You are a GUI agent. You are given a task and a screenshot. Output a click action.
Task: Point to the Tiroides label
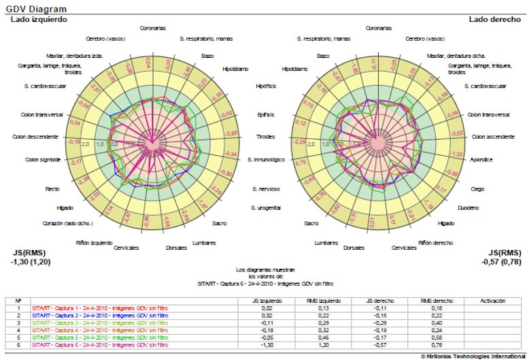[266, 137]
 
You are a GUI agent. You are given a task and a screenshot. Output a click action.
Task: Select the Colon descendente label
[35, 137]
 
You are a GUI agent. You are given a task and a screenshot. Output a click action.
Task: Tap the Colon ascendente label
[493, 137]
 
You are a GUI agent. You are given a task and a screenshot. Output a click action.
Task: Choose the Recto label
[52, 189]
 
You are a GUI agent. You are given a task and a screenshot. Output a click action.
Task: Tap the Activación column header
[492, 300]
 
